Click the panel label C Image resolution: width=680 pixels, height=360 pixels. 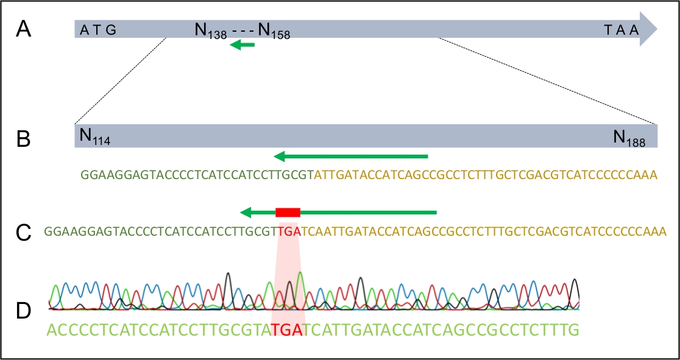point(23,232)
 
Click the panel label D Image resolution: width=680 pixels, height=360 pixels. point(23,311)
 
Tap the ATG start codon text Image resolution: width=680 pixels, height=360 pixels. point(97,30)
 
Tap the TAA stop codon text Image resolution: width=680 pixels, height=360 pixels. point(621,30)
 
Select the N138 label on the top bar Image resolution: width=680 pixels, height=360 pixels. point(211,30)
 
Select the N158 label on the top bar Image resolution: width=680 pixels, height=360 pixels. point(274,30)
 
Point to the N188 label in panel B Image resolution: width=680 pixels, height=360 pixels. point(634,138)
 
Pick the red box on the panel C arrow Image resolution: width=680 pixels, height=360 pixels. point(288,212)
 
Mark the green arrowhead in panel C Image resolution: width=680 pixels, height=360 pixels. point(246,212)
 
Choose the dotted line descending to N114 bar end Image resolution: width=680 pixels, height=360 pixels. point(119,81)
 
